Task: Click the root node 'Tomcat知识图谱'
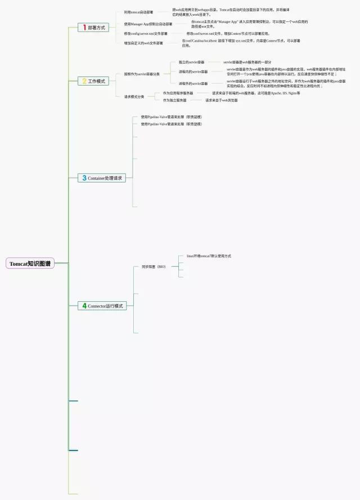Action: coord(30,264)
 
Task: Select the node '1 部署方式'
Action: coord(93,27)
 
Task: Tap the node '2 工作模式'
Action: coord(93,81)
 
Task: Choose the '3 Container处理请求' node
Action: coord(101,178)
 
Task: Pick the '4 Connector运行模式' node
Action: coord(102,306)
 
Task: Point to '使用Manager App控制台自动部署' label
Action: coord(148,24)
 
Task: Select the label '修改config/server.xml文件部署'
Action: coord(146,34)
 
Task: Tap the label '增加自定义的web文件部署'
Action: coord(143,43)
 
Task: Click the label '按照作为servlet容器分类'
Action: coord(142,74)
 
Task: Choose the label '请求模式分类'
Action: coord(134,96)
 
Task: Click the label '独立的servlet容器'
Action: coord(192,62)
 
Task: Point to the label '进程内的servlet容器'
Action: coord(193,72)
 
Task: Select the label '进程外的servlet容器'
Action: coord(193,83)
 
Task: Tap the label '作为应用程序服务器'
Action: coord(178,93)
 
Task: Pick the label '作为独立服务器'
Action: coord(174,100)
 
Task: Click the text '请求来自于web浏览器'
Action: coord(221,100)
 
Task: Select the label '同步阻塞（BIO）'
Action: coord(153,266)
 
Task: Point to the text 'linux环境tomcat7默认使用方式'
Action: coord(209,256)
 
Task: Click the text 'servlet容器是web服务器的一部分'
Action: coord(247,62)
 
